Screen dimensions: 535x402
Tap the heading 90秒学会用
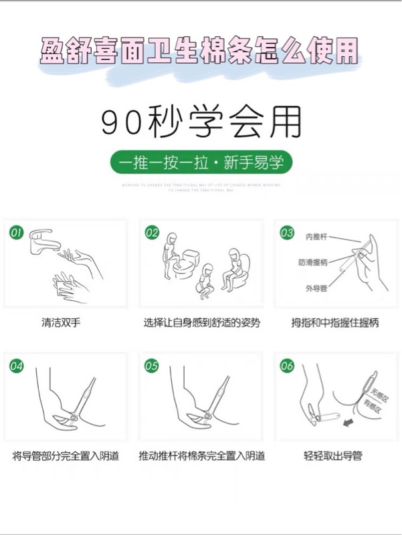pos(201,123)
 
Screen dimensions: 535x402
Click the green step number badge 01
pos(16,233)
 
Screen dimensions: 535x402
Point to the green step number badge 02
pos(153,233)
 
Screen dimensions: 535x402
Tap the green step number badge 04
pos(16,366)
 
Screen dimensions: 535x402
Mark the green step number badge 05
pos(153,366)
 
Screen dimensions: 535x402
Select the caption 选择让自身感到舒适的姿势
pos(201,322)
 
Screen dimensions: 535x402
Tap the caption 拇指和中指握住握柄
pos(335,322)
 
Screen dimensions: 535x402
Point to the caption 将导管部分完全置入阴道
pos(66,456)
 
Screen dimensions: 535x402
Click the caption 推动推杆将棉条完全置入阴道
pos(201,456)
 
